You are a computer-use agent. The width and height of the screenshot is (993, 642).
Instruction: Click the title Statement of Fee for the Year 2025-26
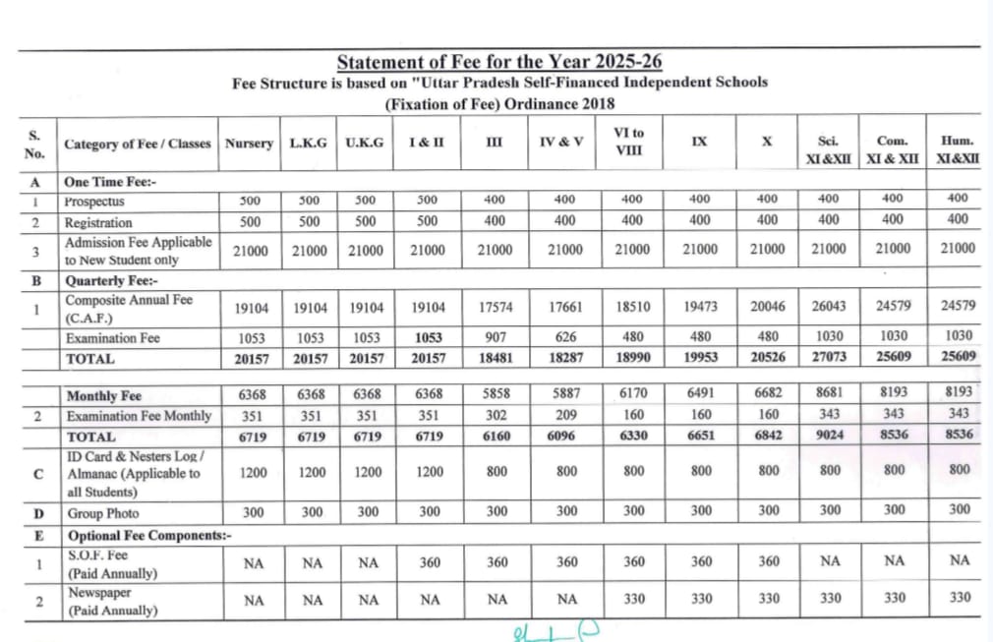pyautogui.click(x=498, y=63)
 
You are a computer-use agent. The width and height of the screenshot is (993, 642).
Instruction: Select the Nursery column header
pyautogui.click(x=249, y=144)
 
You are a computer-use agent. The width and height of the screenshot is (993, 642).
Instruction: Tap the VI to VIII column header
pyautogui.click(x=628, y=142)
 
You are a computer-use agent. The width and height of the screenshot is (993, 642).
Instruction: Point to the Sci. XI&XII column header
pyautogui.click(x=828, y=149)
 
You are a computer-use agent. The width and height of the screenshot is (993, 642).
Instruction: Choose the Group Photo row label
pyautogui.click(x=103, y=513)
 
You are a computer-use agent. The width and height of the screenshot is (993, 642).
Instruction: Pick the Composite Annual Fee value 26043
pyautogui.click(x=828, y=307)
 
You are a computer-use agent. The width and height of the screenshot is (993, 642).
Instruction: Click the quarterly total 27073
pyautogui.click(x=828, y=359)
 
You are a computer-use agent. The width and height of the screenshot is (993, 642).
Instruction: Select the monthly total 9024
pyautogui.click(x=830, y=436)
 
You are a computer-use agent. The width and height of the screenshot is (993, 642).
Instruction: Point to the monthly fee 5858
pyautogui.click(x=496, y=394)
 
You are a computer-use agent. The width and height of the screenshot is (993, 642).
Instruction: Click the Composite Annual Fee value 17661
pyautogui.click(x=566, y=307)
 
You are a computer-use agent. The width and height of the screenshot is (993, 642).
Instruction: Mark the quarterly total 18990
pyautogui.click(x=632, y=359)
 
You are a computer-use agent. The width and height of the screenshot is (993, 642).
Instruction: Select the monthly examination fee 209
pyautogui.click(x=566, y=415)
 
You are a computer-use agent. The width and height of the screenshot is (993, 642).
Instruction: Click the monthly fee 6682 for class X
pyautogui.click(x=768, y=394)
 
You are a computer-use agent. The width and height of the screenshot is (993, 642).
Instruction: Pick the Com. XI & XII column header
pyautogui.click(x=892, y=149)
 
